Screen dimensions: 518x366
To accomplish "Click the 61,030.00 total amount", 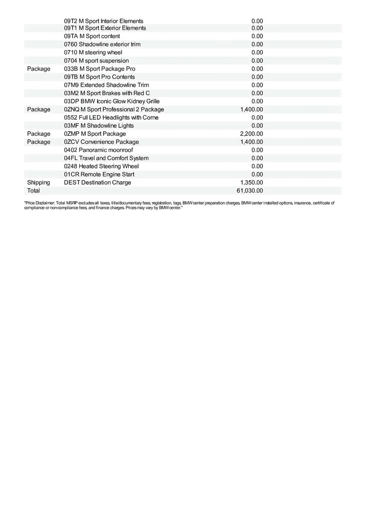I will [x=251, y=191].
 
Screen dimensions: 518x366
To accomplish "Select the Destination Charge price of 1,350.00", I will [x=251, y=183].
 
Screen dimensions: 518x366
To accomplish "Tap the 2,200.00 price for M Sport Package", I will [x=251, y=134].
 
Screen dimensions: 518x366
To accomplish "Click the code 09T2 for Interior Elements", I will [x=71, y=21].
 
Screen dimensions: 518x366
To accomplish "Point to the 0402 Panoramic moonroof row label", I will [x=98, y=150].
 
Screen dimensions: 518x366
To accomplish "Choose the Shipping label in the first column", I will [x=38, y=183].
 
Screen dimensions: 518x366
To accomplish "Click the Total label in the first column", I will [x=33, y=191].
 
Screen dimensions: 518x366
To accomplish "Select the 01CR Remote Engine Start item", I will [x=99, y=174].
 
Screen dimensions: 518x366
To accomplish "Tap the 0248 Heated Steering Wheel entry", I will [x=101, y=166].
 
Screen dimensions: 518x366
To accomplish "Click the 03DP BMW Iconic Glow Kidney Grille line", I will [x=111, y=101].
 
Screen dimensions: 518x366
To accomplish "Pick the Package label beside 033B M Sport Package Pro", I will [x=38, y=69].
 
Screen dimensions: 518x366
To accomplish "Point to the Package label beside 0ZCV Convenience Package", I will [x=38, y=142].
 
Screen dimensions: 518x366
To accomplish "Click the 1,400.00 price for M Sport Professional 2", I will [x=251, y=110].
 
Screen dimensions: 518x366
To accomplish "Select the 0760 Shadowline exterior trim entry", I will [x=102, y=44].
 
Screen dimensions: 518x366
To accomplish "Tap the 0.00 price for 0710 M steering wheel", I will [x=257, y=53].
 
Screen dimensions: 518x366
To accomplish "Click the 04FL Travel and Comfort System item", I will [x=106, y=158].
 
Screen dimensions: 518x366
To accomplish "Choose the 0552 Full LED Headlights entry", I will [x=111, y=118].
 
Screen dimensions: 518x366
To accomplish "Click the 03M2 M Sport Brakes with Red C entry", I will [x=107, y=93].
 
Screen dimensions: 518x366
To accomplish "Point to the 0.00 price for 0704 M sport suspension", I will [x=257, y=61].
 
